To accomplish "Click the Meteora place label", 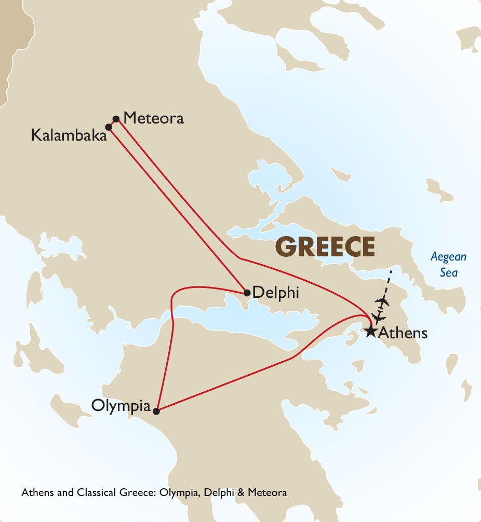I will pos(154,118).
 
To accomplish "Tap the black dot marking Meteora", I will pos(116,119).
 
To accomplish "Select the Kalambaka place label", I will pos(69,135).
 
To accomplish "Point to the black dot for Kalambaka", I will pos(109,127).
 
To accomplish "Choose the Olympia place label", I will pos(121,405).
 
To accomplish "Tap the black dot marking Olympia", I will pos(156,411).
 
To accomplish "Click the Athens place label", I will pos(403,333).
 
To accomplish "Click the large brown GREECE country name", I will pos(326,246).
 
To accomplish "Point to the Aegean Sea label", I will pos(449,264).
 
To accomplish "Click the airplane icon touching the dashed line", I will pos(383,301).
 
